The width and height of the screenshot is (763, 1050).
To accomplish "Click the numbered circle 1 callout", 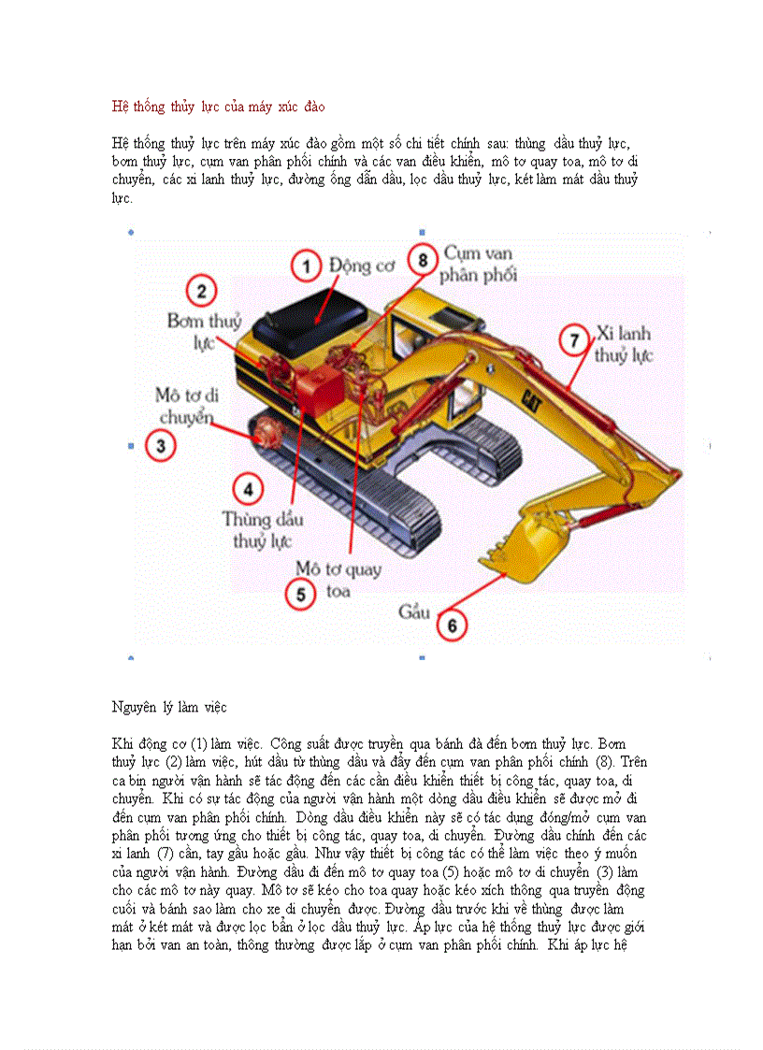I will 306,266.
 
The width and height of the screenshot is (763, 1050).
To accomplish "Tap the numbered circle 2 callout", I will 202,291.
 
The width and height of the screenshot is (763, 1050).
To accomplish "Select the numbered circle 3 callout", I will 161,446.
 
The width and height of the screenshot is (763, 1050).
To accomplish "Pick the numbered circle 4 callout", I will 247,488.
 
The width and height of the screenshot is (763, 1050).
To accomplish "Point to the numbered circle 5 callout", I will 300,593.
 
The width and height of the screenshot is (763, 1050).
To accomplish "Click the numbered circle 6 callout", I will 452,625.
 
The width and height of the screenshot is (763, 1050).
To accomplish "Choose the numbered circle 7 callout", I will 575,339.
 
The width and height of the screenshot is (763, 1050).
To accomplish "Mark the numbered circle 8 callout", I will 423,258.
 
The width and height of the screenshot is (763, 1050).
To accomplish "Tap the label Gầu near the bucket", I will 413,612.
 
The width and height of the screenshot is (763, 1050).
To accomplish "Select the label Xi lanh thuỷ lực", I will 624,344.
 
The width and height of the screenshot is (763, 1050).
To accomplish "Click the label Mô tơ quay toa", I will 338,580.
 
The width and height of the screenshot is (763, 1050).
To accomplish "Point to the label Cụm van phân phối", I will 478,265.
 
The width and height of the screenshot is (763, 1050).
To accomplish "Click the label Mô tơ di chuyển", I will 189,406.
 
